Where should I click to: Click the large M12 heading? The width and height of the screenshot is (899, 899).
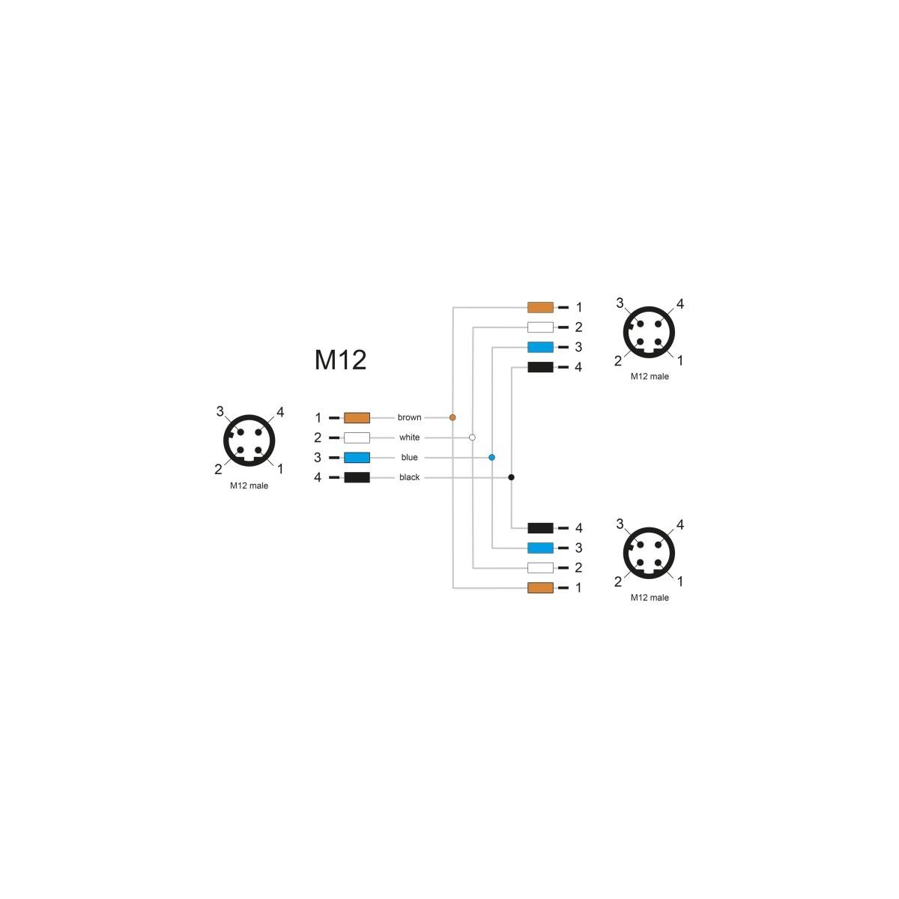click(x=340, y=360)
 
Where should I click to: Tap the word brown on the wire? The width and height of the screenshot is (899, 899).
click(x=409, y=417)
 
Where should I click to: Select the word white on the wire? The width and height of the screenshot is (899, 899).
click(x=409, y=437)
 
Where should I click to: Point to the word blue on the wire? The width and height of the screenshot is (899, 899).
click(x=409, y=457)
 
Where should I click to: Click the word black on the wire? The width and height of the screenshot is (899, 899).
click(x=409, y=476)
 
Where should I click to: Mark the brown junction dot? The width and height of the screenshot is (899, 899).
click(x=452, y=417)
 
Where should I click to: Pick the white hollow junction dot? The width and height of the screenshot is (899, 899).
click(x=472, y=437)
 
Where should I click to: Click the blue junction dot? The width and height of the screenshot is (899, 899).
click(x=491, y=457)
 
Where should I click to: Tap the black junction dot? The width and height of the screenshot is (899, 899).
click(x=512, y=476)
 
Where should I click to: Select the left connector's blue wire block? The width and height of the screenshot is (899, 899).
click(x=357, y=457)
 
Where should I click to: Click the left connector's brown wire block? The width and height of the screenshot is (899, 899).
click(x=357, y=417)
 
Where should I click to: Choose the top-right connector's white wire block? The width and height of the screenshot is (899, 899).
click(x=540, y=327)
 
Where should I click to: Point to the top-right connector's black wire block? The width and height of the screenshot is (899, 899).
click(x=540, y=366)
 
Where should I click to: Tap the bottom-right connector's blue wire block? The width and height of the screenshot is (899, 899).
click(x=540, y=547)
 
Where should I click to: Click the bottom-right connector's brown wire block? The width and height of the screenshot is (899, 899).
click(x=540, y=587)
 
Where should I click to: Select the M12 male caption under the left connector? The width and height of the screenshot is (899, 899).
click(x=249, y=485)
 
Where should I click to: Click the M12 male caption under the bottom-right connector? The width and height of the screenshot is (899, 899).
click(x=650, y=598)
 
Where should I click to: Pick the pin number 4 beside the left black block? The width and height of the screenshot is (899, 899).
click(x=318, y=477)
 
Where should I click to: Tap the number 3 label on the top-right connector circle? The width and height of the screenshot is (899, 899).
click(x=620, y=303)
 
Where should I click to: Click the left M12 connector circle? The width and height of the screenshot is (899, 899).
click(x=249, y=441)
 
